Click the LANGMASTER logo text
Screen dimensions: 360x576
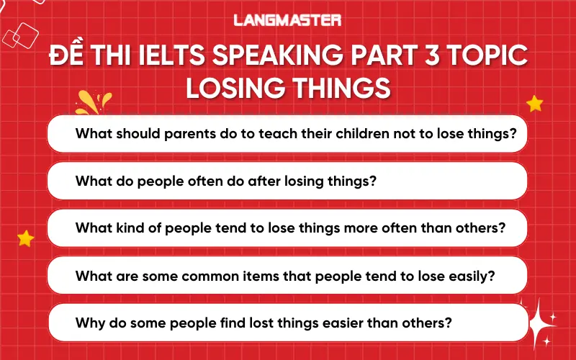[x=287, y=20]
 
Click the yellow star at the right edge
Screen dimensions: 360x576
[x=534, y=104]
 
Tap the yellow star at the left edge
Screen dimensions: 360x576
[x=25, y=238]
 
